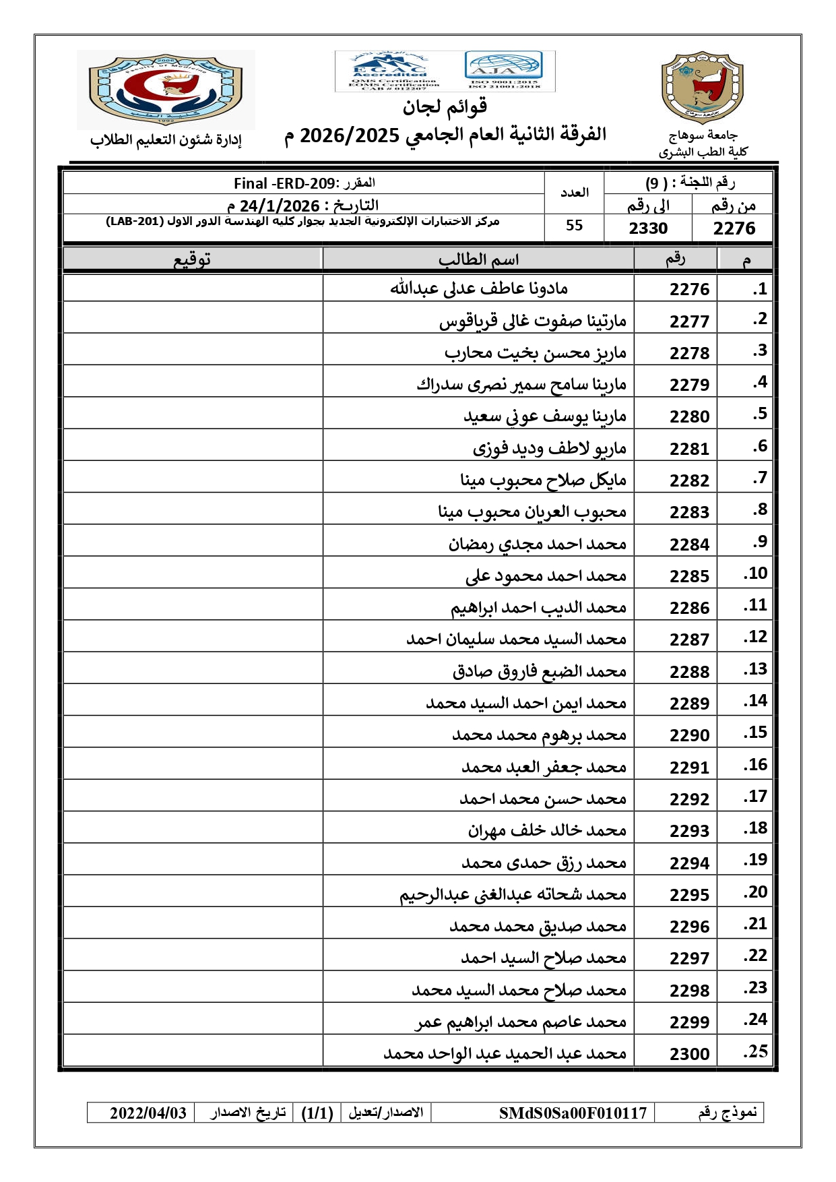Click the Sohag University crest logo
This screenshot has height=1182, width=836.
(702, 88)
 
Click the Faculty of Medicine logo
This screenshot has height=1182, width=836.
(166, 90)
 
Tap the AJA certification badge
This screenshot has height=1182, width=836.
(503, 69)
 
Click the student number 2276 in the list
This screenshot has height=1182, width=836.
(689, 289)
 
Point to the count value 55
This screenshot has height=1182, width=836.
(574, 226)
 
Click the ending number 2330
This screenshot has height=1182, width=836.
(648, 228)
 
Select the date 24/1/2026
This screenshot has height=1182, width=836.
(280, 206)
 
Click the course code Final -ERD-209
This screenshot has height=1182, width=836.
(284, 183)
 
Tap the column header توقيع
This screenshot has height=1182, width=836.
(193, 259)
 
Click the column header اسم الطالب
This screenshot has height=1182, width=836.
(478, 259)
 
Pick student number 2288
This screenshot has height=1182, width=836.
(689, 672)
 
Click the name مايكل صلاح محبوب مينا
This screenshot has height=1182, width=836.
(543, 480)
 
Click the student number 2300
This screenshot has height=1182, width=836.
(689, 1054)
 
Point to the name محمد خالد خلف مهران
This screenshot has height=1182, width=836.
(547, 830)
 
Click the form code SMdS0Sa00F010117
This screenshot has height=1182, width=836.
(573, 1113)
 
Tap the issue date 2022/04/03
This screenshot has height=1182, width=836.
(148, 1113)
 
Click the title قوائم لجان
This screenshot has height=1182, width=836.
(445, 106)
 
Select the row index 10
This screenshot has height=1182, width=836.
(757, 573)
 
